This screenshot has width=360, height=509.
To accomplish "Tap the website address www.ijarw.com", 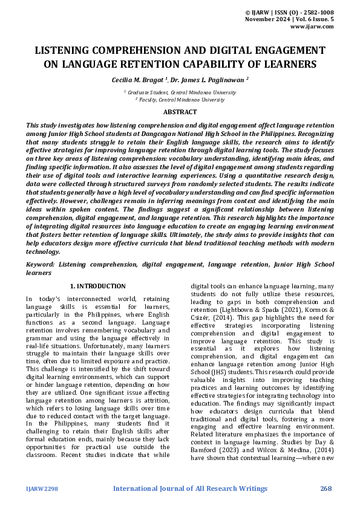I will (312, 27).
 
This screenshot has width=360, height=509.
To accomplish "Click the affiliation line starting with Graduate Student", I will (180, 92).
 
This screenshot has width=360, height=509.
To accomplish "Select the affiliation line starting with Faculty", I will (180, 99).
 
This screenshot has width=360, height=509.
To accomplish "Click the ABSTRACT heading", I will (180, 112).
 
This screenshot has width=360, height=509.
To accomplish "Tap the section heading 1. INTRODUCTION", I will (98, 286).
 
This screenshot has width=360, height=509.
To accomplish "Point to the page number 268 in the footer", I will (326, 488).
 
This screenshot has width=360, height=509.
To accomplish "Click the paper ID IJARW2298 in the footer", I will (42, 488).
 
